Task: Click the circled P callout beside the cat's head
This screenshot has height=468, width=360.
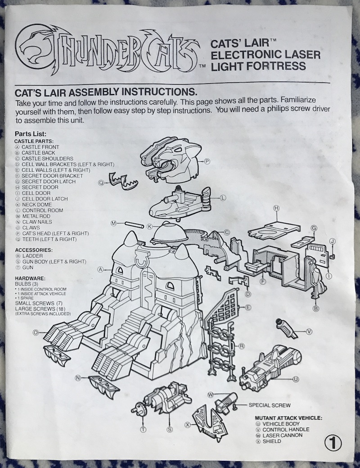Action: click(207, 161)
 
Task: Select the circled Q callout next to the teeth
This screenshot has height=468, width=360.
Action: click(101, 182)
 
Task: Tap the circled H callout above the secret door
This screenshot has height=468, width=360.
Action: click(276, 209)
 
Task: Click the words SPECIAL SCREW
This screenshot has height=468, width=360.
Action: click(270, 405)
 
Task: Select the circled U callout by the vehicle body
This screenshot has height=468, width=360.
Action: click(296, 379)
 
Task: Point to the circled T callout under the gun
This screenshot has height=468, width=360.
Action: click(144, 430)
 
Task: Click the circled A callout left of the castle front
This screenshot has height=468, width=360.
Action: click(101, 269)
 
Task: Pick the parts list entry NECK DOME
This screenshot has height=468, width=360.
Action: click(37, 204)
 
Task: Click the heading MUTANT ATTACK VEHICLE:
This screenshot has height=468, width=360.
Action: click(288, 418)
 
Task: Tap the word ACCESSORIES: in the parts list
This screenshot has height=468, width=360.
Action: click(34, 250)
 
